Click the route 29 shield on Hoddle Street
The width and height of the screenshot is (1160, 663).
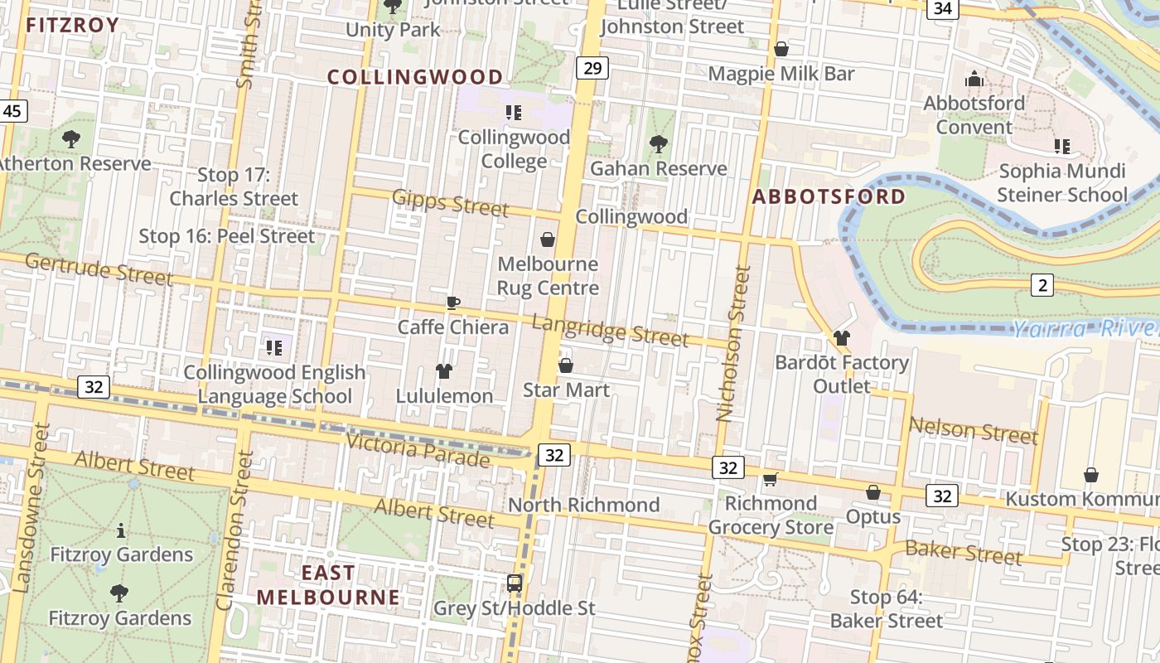pos(592,68)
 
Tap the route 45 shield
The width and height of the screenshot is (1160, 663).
pos(13,111)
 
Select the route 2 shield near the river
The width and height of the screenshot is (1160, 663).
pos(1042,286)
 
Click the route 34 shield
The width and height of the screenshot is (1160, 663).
pos(942,9)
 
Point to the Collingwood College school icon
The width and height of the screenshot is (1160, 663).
pos(514,113)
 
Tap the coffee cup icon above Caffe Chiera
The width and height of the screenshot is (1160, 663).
pos(452,302)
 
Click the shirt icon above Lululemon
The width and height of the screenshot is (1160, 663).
pos(444,370)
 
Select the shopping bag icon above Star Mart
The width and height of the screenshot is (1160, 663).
pos(566,365)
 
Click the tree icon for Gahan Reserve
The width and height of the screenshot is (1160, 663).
pos(658,144)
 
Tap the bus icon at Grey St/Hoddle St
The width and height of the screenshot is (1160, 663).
pos(515,583)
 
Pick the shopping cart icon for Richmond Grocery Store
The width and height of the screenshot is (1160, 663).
pos(770,479)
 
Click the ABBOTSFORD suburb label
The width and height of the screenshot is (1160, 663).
pos(829,196)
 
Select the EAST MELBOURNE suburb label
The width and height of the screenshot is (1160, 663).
pos(328,585)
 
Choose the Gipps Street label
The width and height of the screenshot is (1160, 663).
pos(450,202)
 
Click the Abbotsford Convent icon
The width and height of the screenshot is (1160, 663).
pos(974,80)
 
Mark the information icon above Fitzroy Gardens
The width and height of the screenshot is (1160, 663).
pos(121,530)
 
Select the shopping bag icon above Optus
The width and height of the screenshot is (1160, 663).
pos(872,493)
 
